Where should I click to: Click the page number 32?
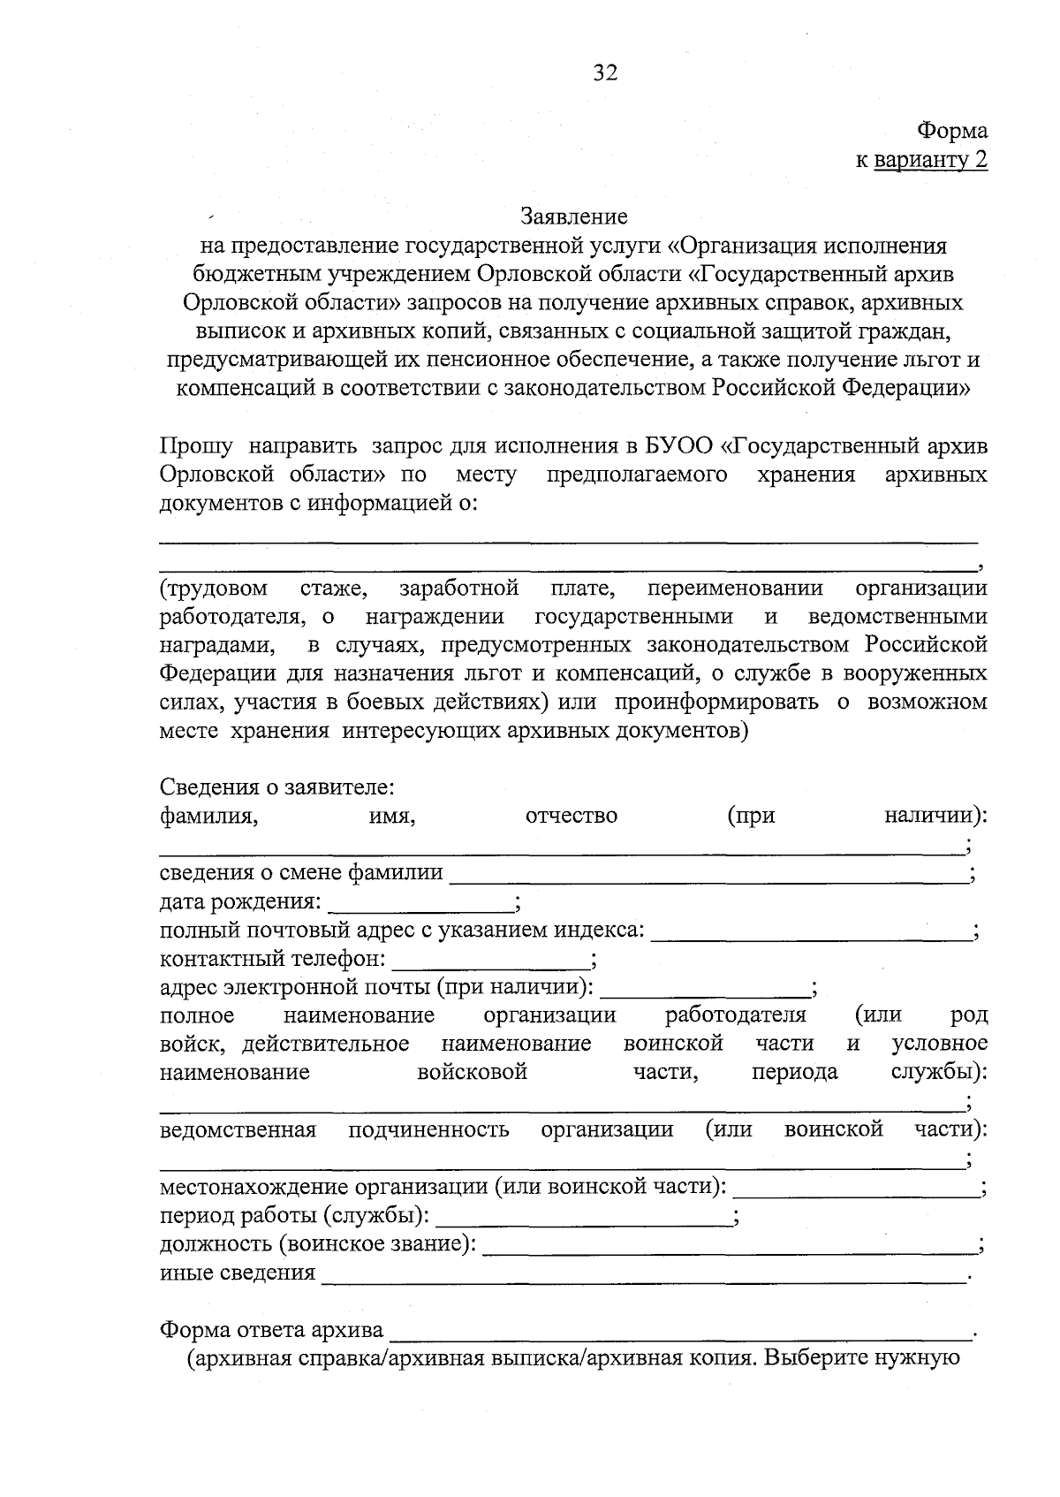click(x=605, y=72)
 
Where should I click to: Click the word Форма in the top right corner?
click(x=952, y=131)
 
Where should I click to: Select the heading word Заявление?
click(x=574, y=216)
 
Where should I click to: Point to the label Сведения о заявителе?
click(x=276, y=786)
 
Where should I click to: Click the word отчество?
click(x=572, y=816)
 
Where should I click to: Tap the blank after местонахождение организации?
click(x=856, y=1195)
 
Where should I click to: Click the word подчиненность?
click(x=428, y=1129)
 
